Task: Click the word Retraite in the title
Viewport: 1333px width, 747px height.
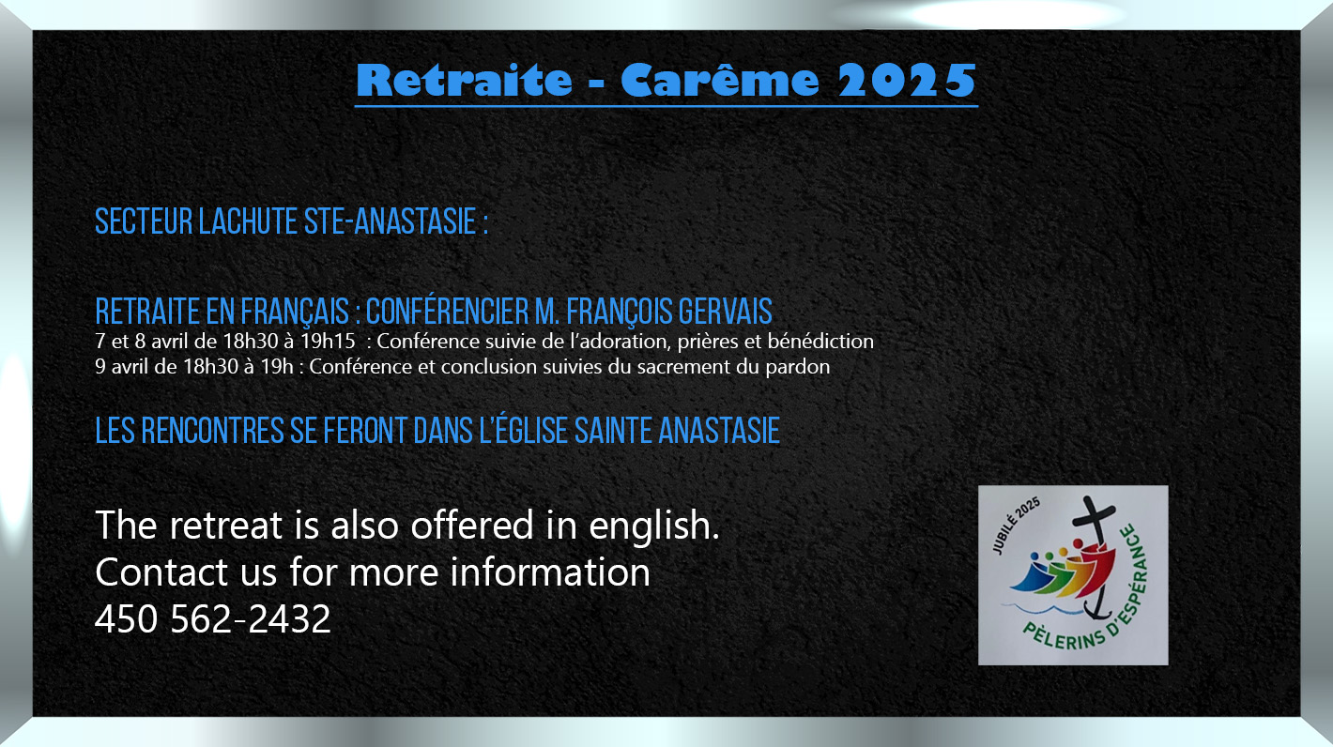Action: [464, 80]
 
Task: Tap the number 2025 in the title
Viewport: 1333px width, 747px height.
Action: [907, 80]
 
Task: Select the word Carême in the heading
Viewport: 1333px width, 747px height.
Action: [719, 80]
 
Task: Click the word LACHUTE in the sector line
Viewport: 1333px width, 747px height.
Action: [248, 221]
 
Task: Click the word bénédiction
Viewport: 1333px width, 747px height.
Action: [820, 341]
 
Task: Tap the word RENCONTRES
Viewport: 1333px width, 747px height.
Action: [212, 431]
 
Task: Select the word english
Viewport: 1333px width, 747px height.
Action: [654, 526]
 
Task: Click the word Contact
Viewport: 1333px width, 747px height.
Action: [161, 572]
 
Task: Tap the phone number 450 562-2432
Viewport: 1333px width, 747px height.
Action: [212, 618]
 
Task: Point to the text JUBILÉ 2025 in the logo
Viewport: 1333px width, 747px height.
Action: [1016, 526]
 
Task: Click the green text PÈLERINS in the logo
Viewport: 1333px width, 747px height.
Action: [1064, 637]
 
